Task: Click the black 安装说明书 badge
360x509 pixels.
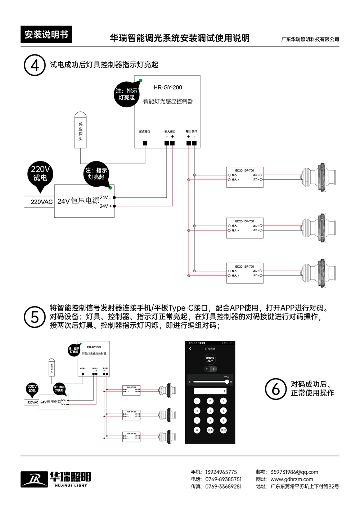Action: pos(46,35)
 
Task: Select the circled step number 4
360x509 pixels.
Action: pos(35,65)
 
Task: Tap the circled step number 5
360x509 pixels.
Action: pos(35,317)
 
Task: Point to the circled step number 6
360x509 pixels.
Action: pos(276,389)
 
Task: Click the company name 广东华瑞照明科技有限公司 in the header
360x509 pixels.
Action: pos(310,39)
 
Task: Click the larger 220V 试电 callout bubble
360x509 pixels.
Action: pos(40,174)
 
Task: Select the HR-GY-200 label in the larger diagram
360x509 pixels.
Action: pos(168,88)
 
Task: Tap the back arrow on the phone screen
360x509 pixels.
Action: pos(190,349)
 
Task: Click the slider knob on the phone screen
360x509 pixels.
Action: pos(227,381)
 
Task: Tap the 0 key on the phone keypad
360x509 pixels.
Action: pos(197,430)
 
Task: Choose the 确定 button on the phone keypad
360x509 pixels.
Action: pos(223,430)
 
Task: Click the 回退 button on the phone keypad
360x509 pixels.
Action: pos(210,430)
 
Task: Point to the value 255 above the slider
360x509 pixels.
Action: pos(226,377)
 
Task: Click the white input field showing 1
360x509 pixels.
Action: pos(210,391)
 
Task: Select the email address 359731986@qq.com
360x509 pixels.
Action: pos(294,472)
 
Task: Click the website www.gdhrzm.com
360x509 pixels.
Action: pos(292,479)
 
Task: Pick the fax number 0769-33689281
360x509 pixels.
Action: pos(223,486)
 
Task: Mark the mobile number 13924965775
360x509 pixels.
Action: pos(221,472)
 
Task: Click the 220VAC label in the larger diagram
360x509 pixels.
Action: pos(42,202)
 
